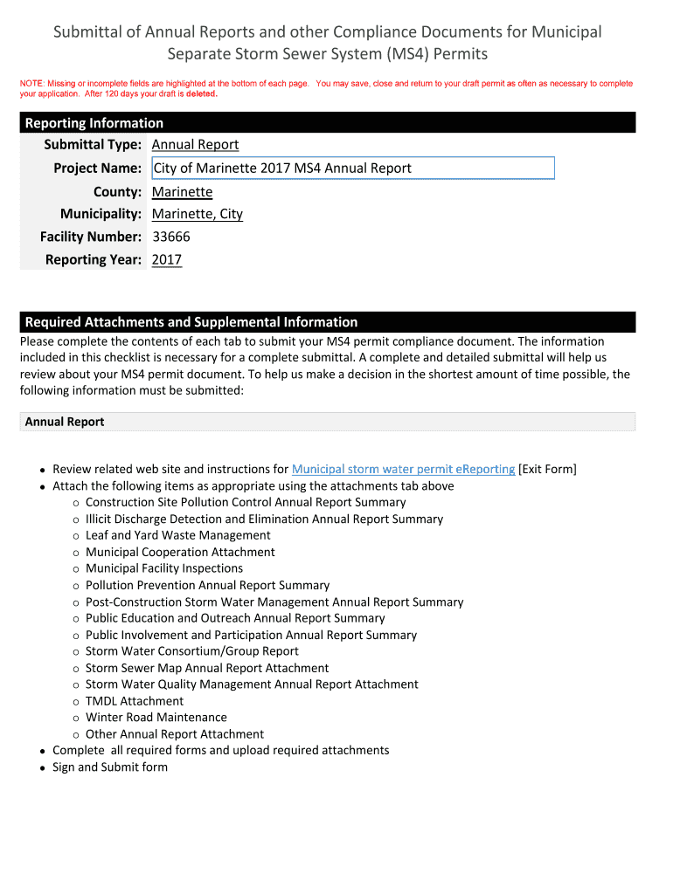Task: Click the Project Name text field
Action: [x=353, y=168]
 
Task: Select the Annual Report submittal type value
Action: [x=195, y=145]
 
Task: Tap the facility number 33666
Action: [x=171, y=237]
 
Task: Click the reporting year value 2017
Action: [x=167, y=259]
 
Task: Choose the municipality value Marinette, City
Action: [x=198, y=214]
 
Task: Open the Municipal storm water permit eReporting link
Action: [x=403, y=469]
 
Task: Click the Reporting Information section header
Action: [x=94, y=123]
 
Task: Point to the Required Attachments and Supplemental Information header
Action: [x=191, y=322]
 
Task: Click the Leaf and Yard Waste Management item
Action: [x=178, y=535]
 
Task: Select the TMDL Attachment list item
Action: [x=135, y=701]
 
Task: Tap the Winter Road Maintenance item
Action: [x=156, y=718]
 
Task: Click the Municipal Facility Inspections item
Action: [x=164, y=568]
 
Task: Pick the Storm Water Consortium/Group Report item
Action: [x=192, y=651]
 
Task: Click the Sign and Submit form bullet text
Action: [x=110, y=767]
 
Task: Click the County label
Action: [x=117, y=191]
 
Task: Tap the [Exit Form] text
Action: [x=547, y=469]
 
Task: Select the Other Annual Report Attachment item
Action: [x=175, y=734]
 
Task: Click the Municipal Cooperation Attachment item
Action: [x=180, y=552]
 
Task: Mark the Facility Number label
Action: [x=91, y=237]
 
